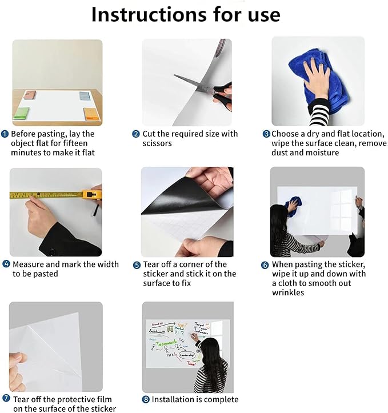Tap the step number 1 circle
point(5,134)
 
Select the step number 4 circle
point(6,264)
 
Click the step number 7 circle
point(6,399)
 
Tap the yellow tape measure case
point(91,195)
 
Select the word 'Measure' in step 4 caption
point(30,264)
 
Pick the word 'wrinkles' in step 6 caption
point(288,293)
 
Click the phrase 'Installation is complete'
point(195,399)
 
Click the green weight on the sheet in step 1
point(23,113)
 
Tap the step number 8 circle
point(136,399)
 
